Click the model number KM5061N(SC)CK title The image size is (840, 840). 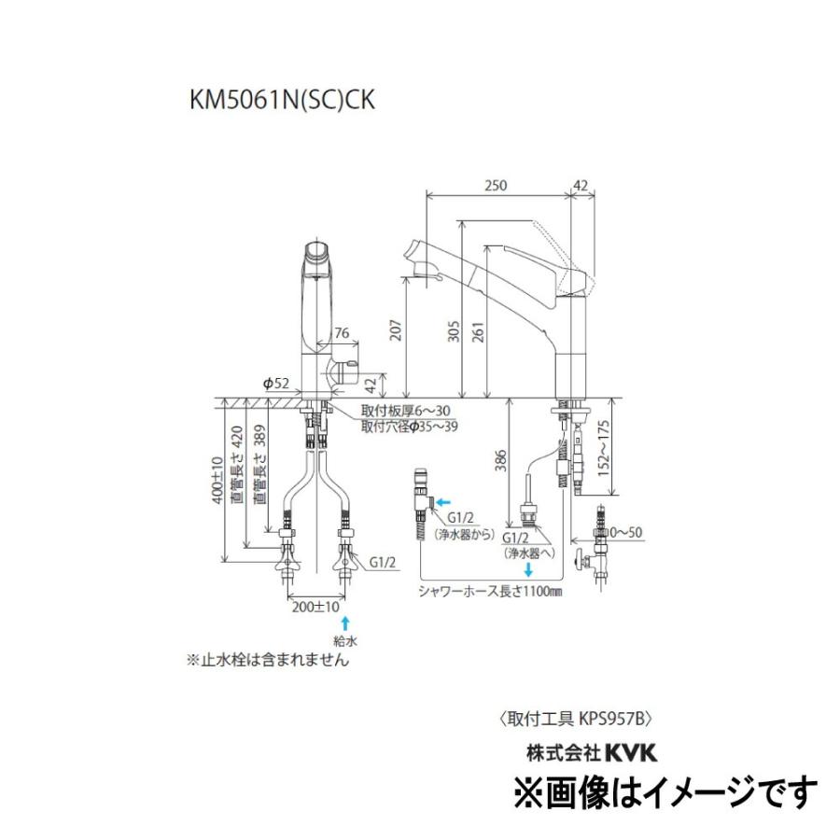[281, 100]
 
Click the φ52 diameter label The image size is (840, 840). [277, 383]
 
